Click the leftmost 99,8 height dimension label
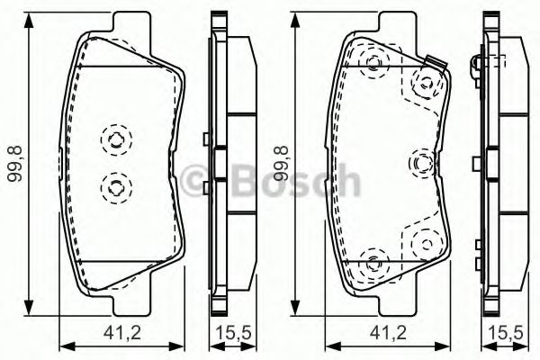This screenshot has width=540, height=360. coord(13,164)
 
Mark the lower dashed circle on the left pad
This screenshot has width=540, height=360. coord(115,186)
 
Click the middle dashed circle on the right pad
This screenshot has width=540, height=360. coord(421,162)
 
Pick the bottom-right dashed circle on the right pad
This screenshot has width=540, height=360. coord(421,241)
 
